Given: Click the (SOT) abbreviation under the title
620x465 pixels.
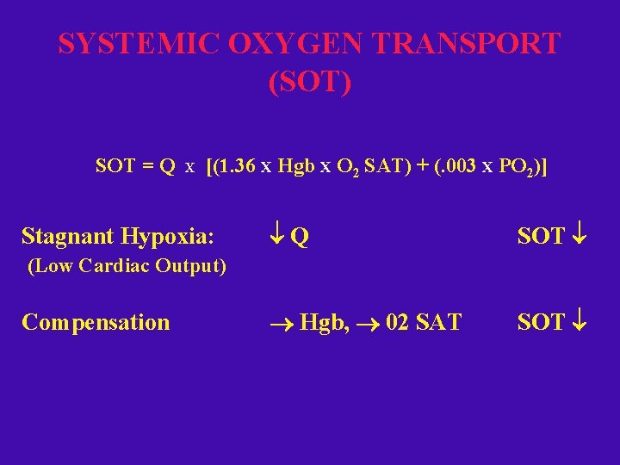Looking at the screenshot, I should (310, 83).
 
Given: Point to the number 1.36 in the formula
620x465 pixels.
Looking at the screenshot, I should (236, 166).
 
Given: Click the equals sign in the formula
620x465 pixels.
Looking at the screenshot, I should (147, 166).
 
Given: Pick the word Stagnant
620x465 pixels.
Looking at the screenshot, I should (67, 236).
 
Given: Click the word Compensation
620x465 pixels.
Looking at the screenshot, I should (96, 323).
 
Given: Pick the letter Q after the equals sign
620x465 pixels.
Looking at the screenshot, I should (169, 166).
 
